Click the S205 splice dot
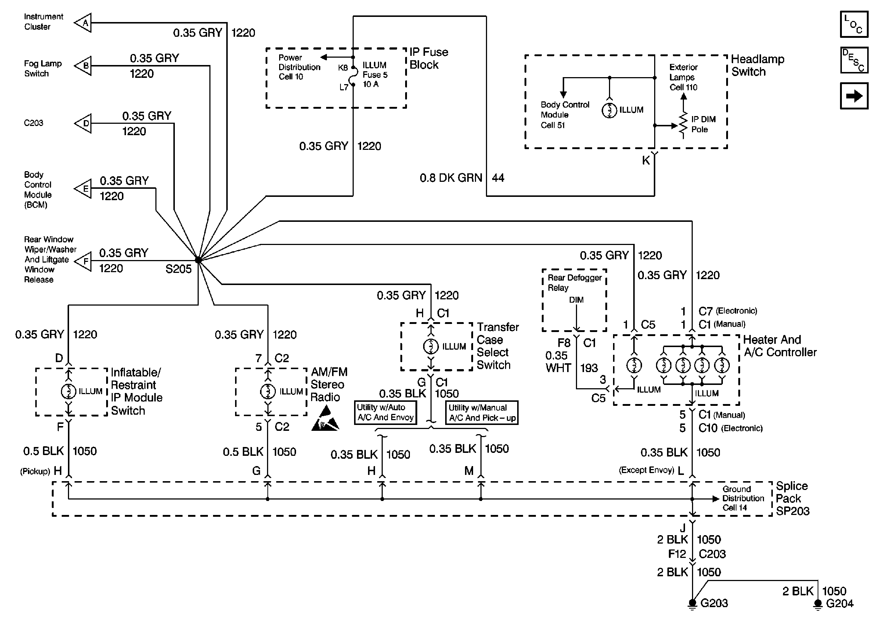coord(198,260)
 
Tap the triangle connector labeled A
coord(84,23)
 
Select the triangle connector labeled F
coord(84,261)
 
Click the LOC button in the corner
coord(854,24)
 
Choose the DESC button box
coord(854,60)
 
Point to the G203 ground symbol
coord(692,603)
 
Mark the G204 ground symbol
coord(818,604)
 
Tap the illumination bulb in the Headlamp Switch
coord(609,111)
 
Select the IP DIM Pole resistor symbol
coord(683,125)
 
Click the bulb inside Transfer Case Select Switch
coord(430,346)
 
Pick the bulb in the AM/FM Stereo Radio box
coord(268,391)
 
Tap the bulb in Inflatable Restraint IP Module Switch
coord(68,391)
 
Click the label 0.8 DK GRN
coord(451,178)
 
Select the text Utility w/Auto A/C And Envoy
coord(385,412)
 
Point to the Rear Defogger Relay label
coord(574,282)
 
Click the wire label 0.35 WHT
coord(557,362)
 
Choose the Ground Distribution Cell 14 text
coord(742,498)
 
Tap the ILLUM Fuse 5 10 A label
coord(375,75)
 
